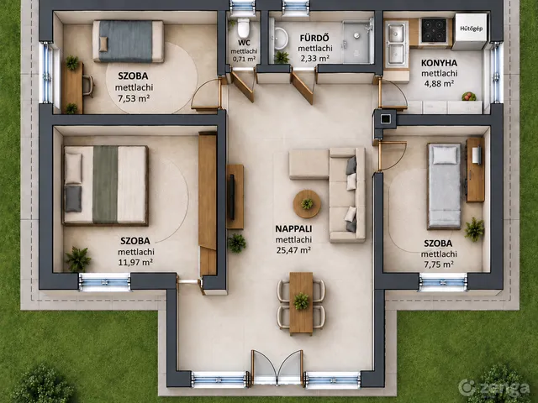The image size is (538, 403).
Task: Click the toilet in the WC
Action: (244, 29)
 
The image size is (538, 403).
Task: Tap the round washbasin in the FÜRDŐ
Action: (281, 37)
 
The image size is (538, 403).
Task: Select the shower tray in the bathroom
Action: (357, 41)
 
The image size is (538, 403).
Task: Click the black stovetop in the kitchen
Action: (434, 30)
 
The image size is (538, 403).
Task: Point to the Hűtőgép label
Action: (471, 29)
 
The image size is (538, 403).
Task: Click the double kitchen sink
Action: (396, 44)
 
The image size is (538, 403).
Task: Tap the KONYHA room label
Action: (439, 63)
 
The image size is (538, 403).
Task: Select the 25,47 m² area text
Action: (293, 250)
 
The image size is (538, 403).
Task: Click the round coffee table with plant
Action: (307, 204)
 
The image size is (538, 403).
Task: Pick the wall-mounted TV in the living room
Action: (232, 197)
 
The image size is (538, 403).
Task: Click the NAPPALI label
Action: (293, 228)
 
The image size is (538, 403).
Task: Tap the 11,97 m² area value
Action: (135, 263)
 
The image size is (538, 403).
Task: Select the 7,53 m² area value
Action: (134, 99)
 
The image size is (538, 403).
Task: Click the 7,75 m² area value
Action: (438, 264)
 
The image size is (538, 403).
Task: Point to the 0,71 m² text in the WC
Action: (244, 59)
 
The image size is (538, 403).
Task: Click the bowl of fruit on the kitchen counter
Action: (469, 97)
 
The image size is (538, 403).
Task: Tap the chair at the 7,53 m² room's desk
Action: (88, 86)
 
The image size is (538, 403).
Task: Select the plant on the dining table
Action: (301, 301)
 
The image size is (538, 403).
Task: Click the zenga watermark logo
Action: (494, 388)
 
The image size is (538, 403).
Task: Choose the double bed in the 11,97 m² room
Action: (105, 185)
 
